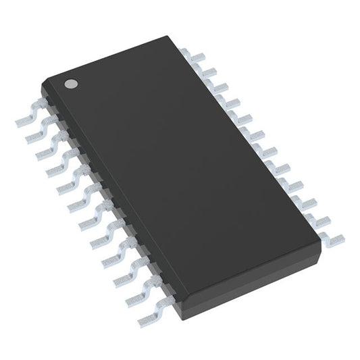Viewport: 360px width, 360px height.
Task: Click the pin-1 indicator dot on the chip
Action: click(70, 84)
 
